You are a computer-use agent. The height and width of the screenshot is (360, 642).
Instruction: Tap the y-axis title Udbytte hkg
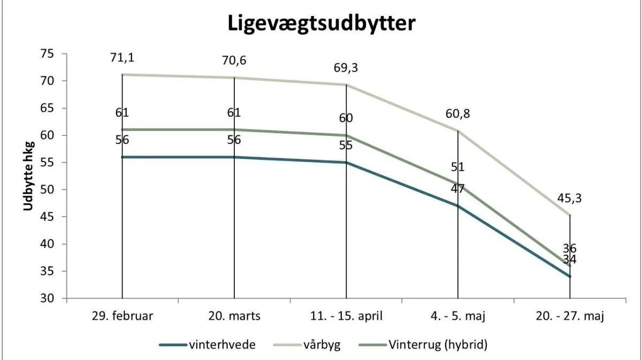29,176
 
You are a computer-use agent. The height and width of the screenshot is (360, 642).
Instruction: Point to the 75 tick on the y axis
47,54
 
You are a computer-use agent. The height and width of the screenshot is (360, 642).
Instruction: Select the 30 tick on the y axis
47,298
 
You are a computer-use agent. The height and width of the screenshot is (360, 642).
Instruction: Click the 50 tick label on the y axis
47,190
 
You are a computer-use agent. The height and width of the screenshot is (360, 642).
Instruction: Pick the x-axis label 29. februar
123,316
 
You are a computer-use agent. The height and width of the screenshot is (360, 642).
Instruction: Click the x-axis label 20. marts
234,316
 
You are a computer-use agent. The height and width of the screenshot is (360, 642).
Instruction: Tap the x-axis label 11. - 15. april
346,316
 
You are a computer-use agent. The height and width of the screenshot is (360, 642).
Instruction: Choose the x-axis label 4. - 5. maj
458,316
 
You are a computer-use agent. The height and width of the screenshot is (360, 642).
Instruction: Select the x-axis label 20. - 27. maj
570,316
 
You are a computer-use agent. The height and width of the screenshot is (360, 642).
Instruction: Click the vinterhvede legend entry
208,344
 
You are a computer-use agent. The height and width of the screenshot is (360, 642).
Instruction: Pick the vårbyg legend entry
307,345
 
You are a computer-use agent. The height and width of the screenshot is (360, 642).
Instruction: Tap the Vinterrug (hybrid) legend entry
423,344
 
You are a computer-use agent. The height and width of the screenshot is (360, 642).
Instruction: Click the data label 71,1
123,58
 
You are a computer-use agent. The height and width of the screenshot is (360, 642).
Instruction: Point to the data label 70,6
234,60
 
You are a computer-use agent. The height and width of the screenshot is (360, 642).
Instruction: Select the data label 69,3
346,68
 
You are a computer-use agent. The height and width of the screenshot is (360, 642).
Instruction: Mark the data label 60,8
458,114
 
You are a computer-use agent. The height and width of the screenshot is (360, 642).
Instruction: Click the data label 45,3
569,198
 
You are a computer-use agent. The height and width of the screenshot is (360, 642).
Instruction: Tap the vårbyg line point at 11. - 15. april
346,85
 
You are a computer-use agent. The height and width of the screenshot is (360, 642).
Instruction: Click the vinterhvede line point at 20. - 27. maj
570,277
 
